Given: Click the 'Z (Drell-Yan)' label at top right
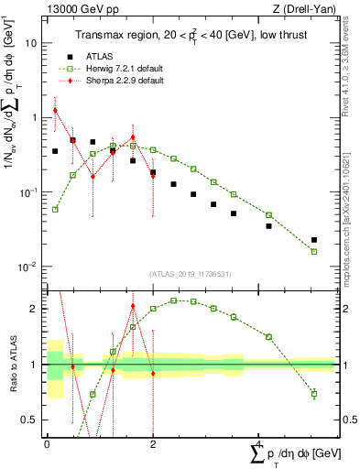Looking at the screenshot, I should pos(304,9).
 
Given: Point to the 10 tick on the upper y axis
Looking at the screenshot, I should pos(30,43).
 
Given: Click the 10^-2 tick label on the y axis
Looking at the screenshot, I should pos(27,267).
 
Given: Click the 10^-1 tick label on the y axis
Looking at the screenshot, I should pos(27,192).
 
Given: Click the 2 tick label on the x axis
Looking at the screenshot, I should pos(152,442).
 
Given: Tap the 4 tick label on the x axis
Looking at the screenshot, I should pos(259,442).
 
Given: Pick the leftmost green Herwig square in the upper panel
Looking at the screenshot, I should pos(55,210).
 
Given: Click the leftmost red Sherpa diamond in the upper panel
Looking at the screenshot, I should pos(55,110).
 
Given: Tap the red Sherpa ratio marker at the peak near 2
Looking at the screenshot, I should pos(133,307).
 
